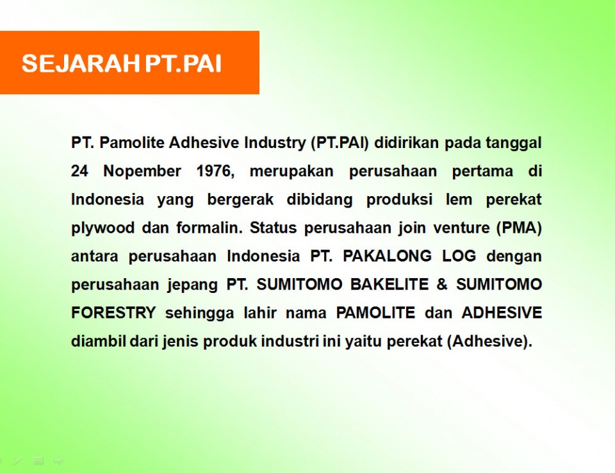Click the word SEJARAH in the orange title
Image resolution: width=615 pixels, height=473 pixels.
81,63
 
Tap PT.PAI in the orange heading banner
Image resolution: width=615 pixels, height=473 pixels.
183,63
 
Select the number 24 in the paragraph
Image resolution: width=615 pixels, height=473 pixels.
79,171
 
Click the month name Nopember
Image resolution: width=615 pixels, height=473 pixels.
142,172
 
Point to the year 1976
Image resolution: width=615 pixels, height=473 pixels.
215,172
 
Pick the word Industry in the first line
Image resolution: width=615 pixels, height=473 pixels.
275,143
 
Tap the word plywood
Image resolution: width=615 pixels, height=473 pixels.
102,228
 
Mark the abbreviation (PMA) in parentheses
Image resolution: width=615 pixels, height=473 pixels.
519,228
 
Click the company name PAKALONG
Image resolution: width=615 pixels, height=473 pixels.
387,256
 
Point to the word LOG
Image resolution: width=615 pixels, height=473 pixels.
459,256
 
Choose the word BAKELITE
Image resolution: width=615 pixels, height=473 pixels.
389,284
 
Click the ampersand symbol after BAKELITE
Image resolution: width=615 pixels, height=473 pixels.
442,284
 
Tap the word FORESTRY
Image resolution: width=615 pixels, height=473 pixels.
114,313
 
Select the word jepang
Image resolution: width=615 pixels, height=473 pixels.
193,285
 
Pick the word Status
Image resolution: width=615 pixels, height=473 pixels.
273,228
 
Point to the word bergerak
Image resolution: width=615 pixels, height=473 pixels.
240,200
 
